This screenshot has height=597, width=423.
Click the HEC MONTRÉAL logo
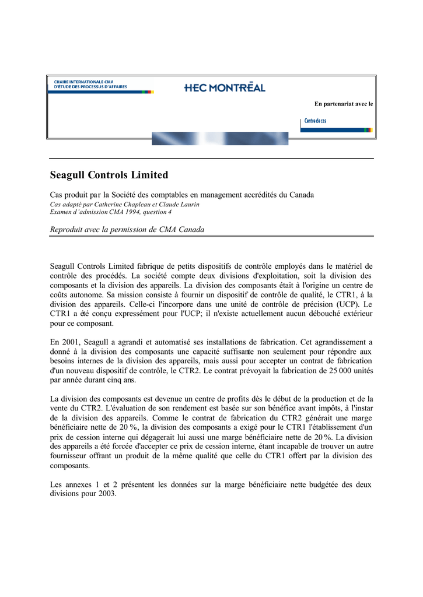click(225, 87)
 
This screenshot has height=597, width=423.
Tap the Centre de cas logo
click(316, 121)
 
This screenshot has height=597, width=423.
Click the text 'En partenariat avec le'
click(344, 104)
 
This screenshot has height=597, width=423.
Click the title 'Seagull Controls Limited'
click(109, 175)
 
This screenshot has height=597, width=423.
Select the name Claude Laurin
click(181, 204)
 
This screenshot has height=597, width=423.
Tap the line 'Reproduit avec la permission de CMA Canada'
click(127, 230)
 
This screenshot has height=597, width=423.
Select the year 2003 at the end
click(106, 494)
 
